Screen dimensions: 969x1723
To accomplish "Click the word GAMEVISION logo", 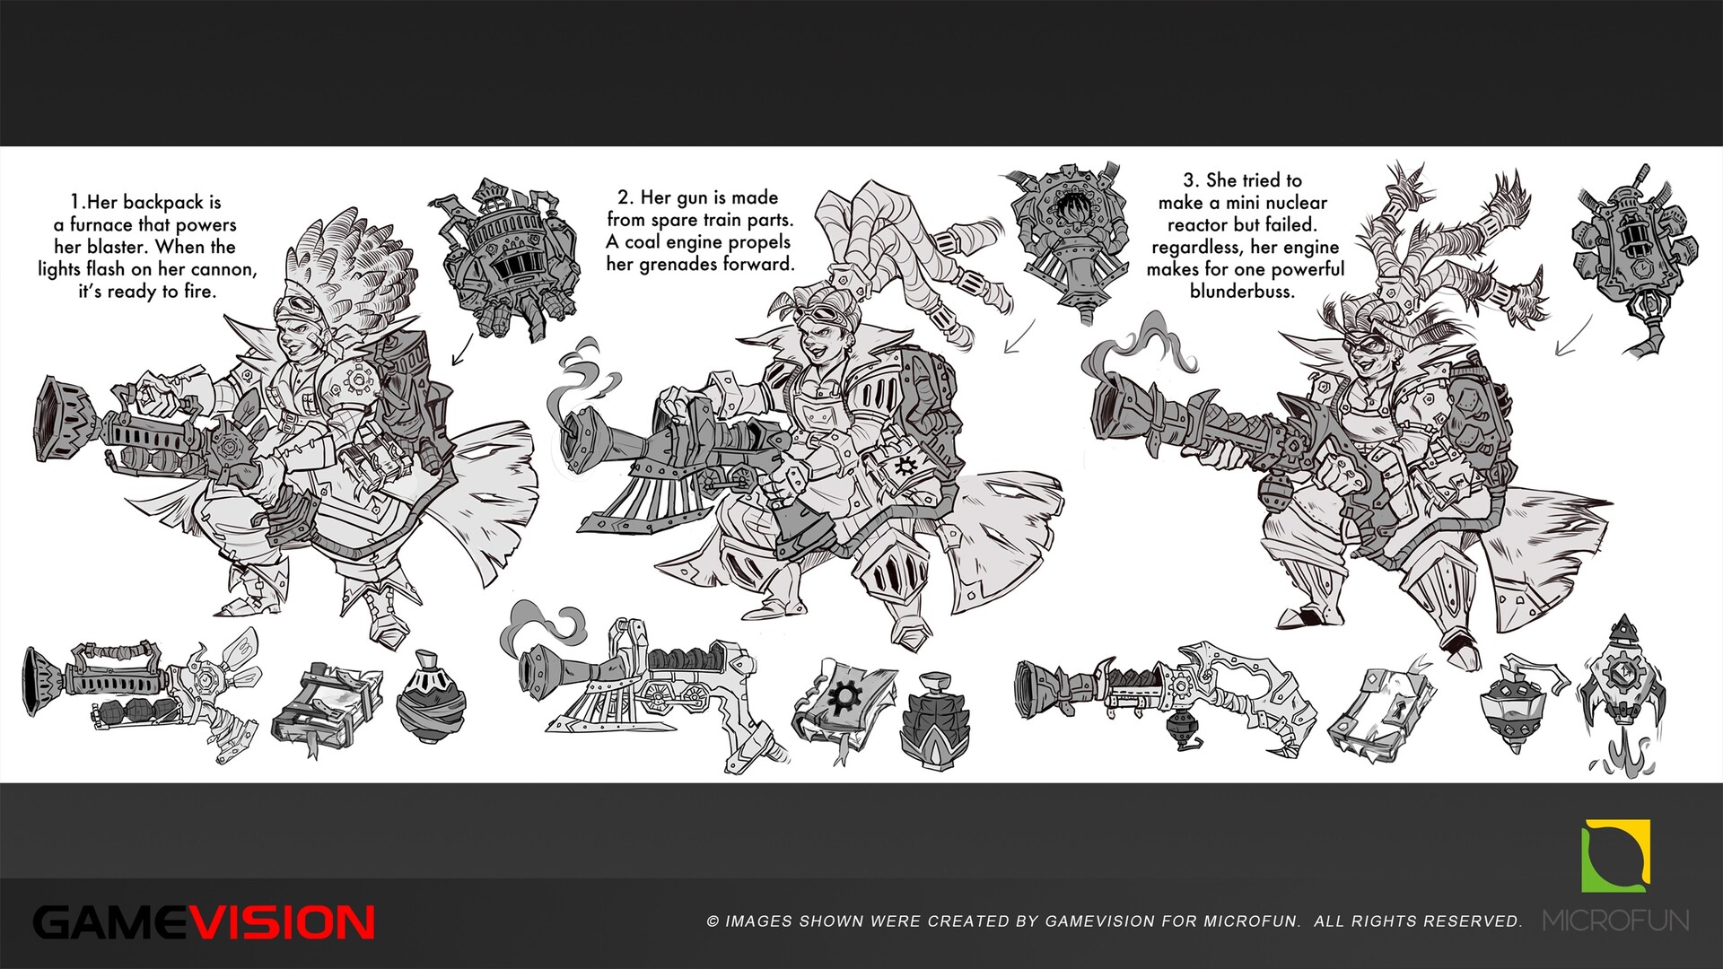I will [204, 922].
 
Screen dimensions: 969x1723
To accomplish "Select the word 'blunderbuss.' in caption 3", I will [1243, 291].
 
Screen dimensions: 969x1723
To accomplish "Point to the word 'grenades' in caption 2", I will [680, 264].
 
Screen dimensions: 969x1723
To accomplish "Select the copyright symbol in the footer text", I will [713, 921].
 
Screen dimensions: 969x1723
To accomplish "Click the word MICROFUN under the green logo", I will [1616, 921].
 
